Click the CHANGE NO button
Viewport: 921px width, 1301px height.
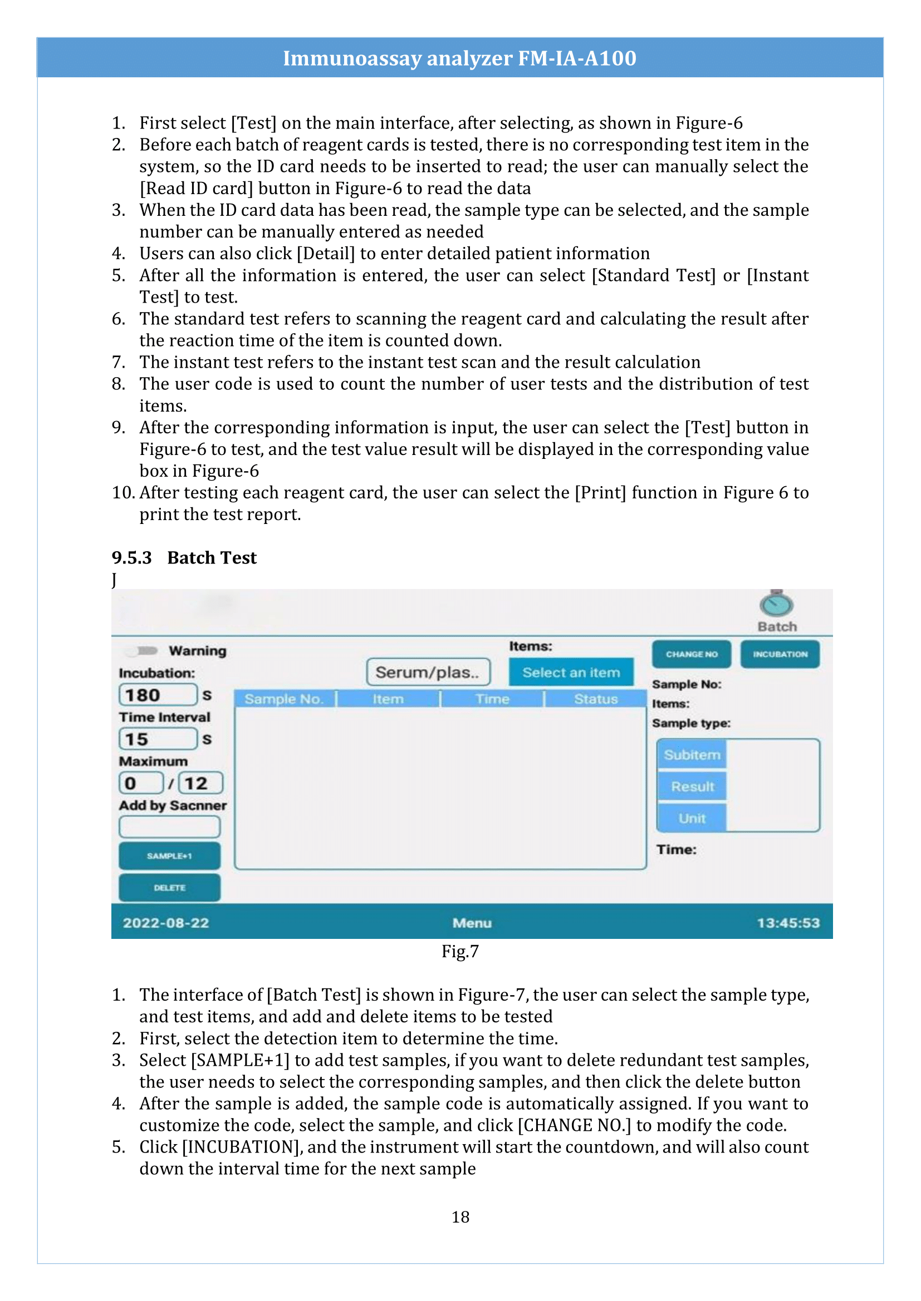tap(692, 654)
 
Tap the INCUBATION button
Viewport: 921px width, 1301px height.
tap(780, 654)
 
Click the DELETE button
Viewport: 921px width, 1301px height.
tap(169, 887)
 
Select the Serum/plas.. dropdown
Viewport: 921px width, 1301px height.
tap(428, 672)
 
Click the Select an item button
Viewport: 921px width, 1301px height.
tap(571, 672)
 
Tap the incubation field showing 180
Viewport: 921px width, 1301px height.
tap(158, 695)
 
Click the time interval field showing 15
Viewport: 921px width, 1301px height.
tap(158, 739)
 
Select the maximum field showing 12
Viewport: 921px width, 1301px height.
tap(200, 783)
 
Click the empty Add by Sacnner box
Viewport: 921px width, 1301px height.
tap(169, 827)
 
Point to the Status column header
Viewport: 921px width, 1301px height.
tap(595, 699)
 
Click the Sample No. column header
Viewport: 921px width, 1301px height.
tap(284, 699)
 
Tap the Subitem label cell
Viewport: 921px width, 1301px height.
tap(692, 755)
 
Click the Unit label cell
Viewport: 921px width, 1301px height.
tap(692, 818)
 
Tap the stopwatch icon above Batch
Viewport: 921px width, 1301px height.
tap(776, 604)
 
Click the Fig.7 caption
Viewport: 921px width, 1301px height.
tap(460, 951)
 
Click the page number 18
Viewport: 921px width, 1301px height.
tap(460, 1217)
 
